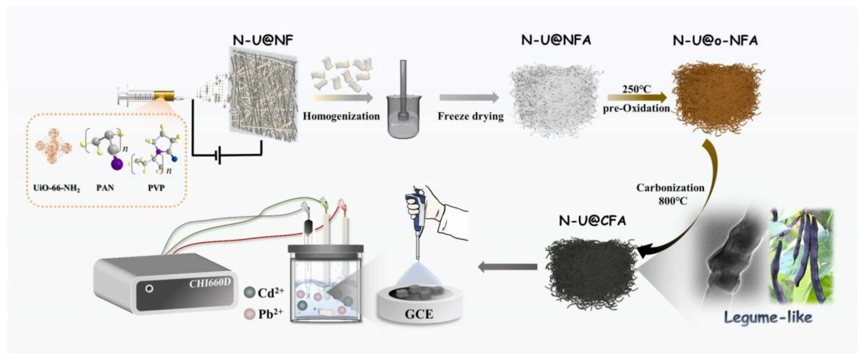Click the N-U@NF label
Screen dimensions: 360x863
(x=263, y=40)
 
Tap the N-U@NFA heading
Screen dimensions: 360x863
(x=556, y=40)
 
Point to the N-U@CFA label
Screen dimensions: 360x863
(x=592, y=221)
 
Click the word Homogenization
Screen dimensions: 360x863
(x=341, y=116)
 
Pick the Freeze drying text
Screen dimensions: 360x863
(x=470, y=116)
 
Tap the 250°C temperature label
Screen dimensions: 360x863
(x=636, y=89)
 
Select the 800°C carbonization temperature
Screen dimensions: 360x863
(x=673, y=201)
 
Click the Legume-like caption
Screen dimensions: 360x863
(x=768, y=317)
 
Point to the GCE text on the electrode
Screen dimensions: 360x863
(x=419, y=314)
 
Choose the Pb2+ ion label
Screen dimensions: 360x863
(x=270, y=314)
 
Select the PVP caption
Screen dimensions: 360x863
(x=156, y=188)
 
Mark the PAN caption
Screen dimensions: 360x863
(x=105, y=188)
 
